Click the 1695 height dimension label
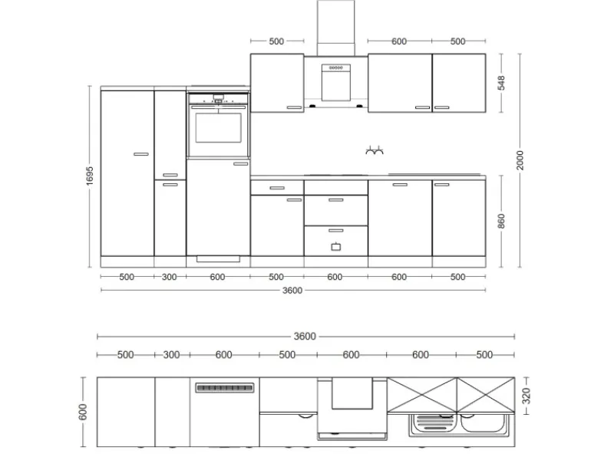click(x=90, y=176)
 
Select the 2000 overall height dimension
click(x=520, y=160)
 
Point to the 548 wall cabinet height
click(x=501, y=83)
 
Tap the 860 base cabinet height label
click(x=501, y=221)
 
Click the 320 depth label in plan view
click(x=527, y=396)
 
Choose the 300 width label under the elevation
click(x=169, y=277)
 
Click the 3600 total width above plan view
click(x=305, y=337)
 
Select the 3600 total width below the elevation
click(x=292, y=291)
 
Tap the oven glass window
click(x=218, y=128)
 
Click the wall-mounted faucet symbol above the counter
click(x=375, y=150)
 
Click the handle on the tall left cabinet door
click(x=141, y=154)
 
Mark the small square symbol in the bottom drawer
click(x=336, y=247)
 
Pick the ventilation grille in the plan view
click(x=225, y=388)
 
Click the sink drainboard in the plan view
click(x=434, y=423)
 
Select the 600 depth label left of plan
click(x=83, y=412)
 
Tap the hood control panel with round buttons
click(x=336, y=68)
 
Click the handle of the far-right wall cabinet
click(x=442, y=107)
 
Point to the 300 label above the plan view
click(x=171, y=355)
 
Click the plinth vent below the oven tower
click(x=218, y=259)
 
